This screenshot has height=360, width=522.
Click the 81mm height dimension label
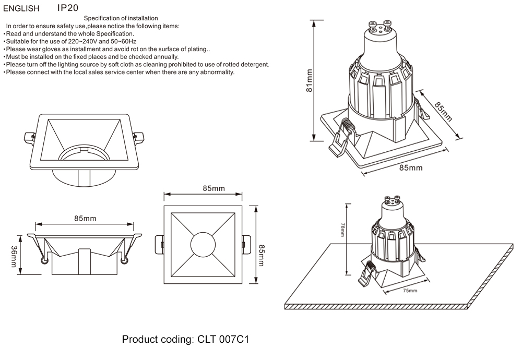pyautogui.click(x=310, y=80)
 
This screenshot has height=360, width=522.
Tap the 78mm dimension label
pyautogui.click(x=342, y=230)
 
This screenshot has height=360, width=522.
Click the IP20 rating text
pyautogui.click(x=68, y=8)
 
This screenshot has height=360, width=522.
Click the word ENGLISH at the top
pyautogui.click(x=21, y=8)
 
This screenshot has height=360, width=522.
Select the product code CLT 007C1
pyautogui.click(x=223, y=340)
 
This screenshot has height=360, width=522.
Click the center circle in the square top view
pyautogui.click(x=203, y=245)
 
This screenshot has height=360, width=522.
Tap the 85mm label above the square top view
pyautogui.click(x=203, y=188)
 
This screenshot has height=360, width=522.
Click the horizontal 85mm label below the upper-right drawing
pyautogui.click(x=411, y=168)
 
